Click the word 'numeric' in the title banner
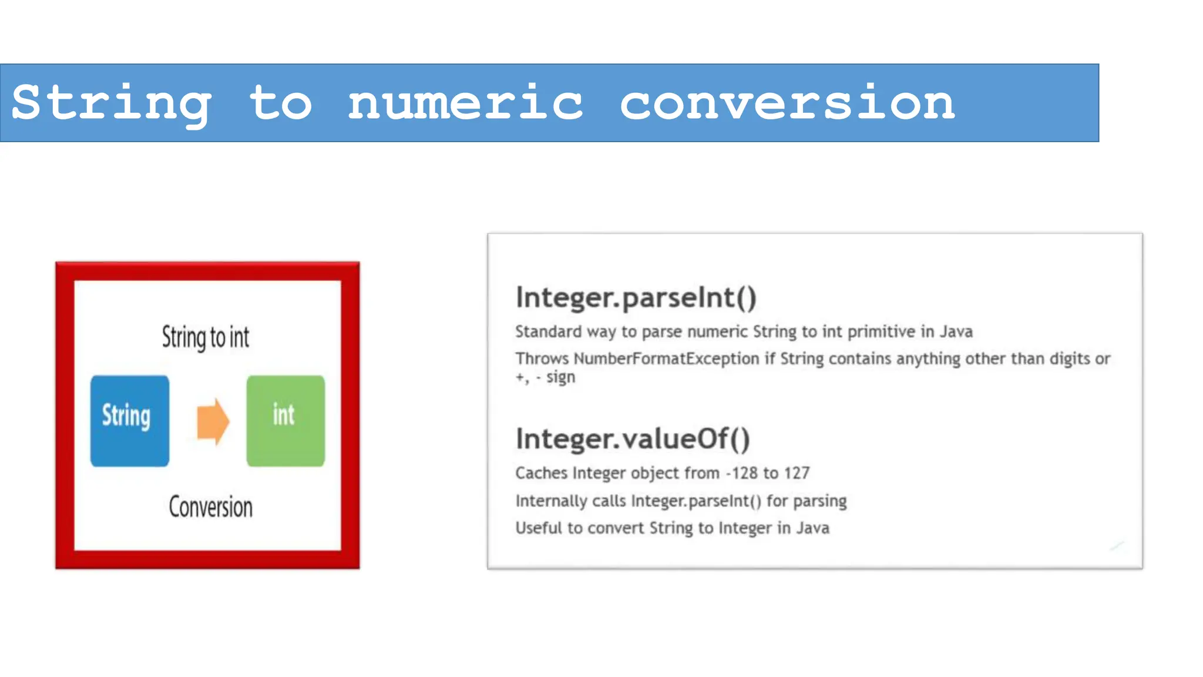(x=465, y=103)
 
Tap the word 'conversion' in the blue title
(x=787, y=103)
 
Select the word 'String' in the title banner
(x=112, y=103)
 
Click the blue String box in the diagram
(x=130, y=421)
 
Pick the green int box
(x=285, y=421)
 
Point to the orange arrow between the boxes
(x=213, y=421)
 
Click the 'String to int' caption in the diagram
(x=206, y=337)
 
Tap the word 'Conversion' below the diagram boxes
(x=210, y=507)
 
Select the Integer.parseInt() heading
(x=636, y=297)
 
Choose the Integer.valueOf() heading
(x=633, y=439)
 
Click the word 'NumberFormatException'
(x=666, y=358)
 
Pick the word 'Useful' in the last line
(x=539, y=528)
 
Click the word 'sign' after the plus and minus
(x=560, y=377)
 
